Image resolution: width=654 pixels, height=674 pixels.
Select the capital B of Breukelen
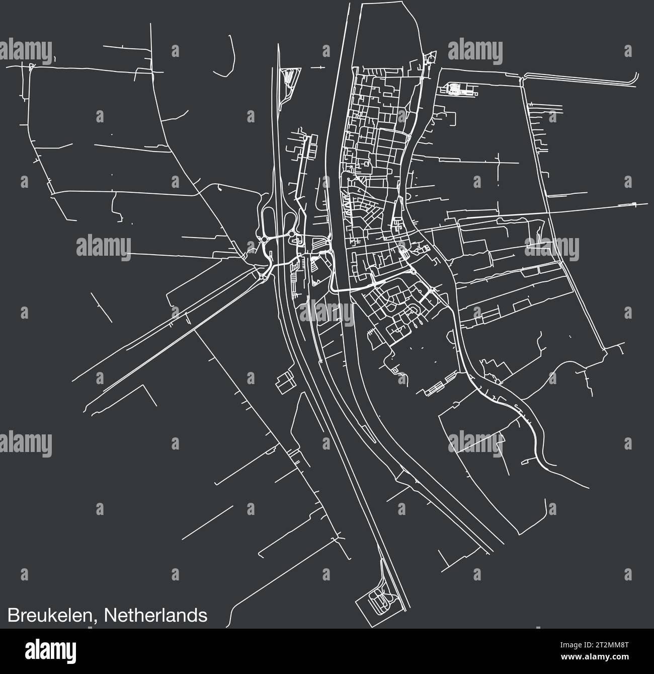[x=12, y=616]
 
